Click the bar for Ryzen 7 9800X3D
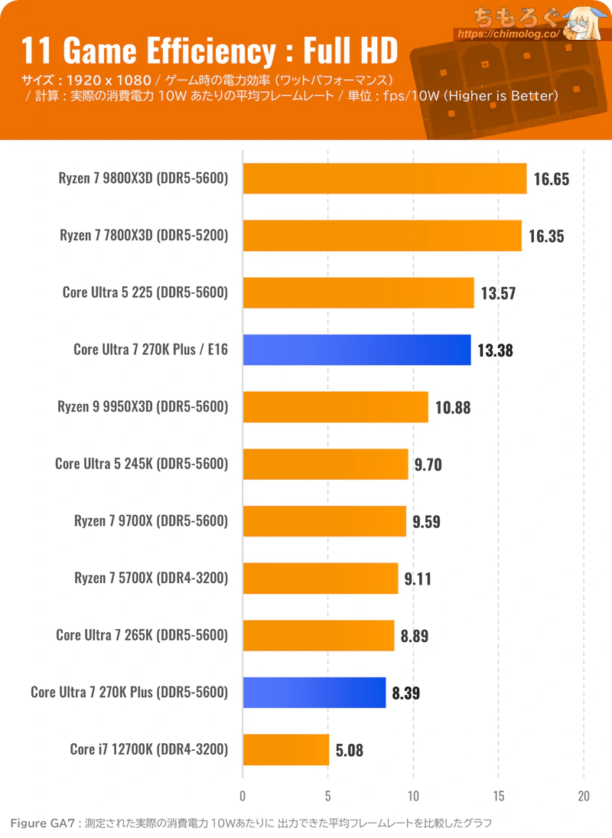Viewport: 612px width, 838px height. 385,178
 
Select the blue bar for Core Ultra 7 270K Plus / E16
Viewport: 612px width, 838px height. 356,350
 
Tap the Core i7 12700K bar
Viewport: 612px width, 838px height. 286,750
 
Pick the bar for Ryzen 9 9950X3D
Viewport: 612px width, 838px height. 335,407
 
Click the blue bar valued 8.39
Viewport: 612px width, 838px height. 314,693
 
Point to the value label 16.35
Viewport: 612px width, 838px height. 545,236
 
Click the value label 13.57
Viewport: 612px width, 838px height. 497,293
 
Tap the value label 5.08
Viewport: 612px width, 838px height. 350,750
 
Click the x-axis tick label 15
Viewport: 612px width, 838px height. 498,794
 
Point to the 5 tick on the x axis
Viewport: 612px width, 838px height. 328,794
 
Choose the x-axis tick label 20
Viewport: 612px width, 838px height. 584,794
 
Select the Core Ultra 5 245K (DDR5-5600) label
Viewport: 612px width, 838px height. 142,464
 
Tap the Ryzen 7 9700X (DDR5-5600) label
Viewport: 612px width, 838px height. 151,521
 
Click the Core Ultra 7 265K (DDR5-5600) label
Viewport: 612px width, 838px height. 142,635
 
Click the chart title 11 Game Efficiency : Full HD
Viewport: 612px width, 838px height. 209,51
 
